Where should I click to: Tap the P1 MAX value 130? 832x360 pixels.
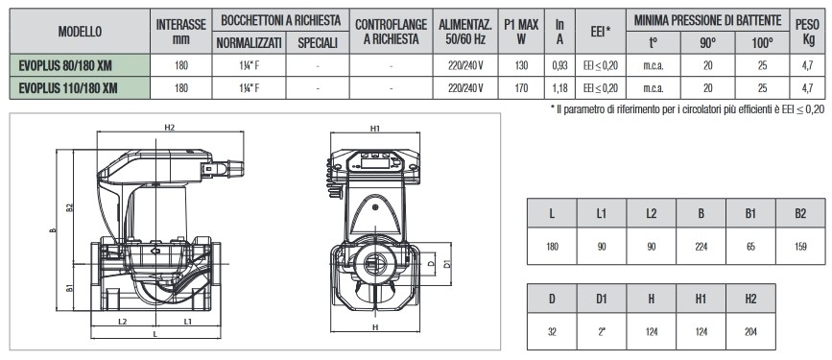(x=522, y=66)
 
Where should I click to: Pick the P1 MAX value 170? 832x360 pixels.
(x=522, y=88)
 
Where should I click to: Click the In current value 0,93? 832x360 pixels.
(x=559, y=66)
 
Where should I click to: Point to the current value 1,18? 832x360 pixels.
(x=559, y=88)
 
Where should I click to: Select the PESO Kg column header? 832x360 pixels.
(x=809, y=32)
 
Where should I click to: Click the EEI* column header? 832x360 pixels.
(x=601, y=32)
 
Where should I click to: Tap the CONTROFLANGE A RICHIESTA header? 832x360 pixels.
(x=392, y=32)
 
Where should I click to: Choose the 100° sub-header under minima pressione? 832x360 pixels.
(x=762, y=43)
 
